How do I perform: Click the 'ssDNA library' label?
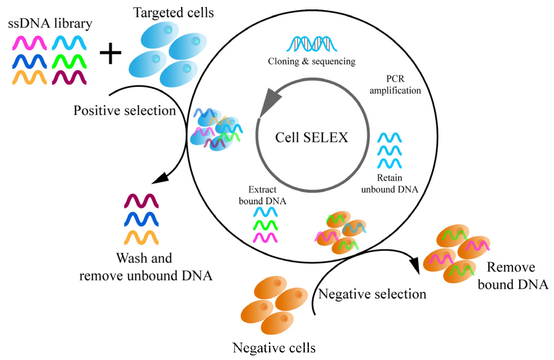point(50,23)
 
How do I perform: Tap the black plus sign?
point(110,53)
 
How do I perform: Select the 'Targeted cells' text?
point(173,13)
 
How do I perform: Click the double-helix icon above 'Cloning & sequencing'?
point(312,44)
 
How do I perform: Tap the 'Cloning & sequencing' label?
point(312,61)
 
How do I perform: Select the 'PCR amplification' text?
point(395,84)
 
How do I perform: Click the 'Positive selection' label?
point(125,110)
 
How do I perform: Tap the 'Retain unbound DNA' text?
point(389,183)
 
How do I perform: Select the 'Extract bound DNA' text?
point(262,195)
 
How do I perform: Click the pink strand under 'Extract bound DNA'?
point(265,238)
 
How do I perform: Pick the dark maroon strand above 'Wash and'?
point(141,201)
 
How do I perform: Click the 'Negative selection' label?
point(372,294)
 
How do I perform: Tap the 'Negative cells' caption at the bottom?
point(274,347)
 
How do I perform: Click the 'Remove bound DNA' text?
point(513,276)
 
